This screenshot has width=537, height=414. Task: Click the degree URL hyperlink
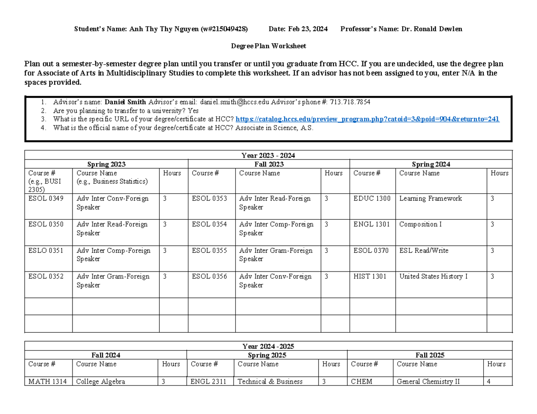pyautogui.click(x=367, y=119)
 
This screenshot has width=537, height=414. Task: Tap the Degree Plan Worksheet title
pyautogui.click(x=268, y=46)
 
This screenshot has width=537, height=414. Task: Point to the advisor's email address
pyautogui.click(x=235, y=102)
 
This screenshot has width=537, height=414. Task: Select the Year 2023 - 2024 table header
pyautogui.click(x=268, y=155)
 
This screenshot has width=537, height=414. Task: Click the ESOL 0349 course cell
pyautogui.click(x=46, y=199)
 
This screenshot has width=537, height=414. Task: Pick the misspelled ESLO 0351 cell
pyautogui.click(x=46, y=251)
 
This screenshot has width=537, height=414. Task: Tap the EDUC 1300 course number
pyautogui.click(x=371, y=199)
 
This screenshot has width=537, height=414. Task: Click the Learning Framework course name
pyautogui.click(x=430, y=199)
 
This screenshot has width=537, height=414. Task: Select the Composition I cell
pyautogui.click(x=420, y=225)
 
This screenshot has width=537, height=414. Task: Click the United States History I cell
pyautogui.click(x=433, y=276)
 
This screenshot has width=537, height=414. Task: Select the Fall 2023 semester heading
pyautogui.click(x=268, y=164)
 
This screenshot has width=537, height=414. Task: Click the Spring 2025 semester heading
pyautogui.click(x=267, y=355)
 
